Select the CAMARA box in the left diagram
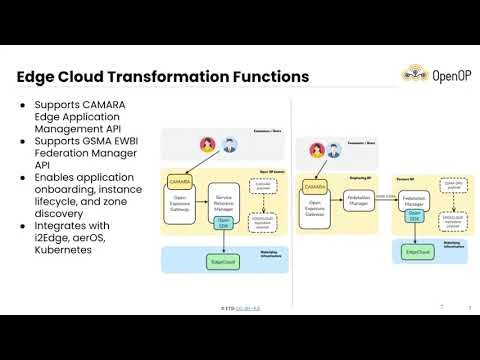coord(180,182)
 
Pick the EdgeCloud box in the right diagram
coord(418,252)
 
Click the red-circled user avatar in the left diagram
coord(208,145)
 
